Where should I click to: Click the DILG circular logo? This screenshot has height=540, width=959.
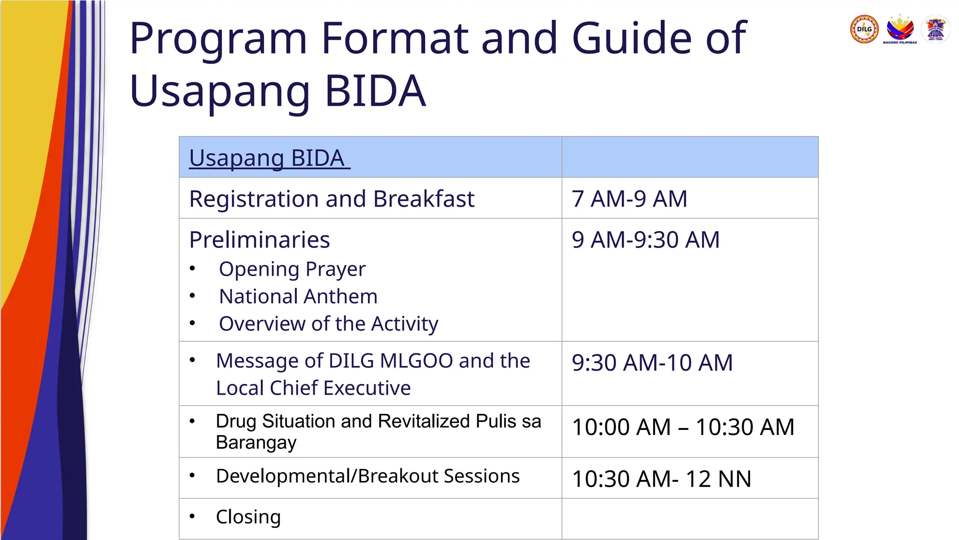(864, 29)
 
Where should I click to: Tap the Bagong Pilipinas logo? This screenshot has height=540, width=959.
(900, 29)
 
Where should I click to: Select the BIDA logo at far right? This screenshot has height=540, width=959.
(935, 29)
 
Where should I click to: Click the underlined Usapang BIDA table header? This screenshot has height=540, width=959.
(269, 158)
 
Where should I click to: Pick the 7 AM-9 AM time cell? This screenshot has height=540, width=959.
(629, 199)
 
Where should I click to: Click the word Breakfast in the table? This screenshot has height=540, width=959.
(424, 199)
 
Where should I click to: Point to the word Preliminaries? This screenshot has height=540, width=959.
(259, 240)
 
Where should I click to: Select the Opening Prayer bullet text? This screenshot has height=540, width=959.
(292, 269)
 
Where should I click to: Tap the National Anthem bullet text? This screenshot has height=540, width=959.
(298, 296)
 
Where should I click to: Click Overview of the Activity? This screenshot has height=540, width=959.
(328, 323)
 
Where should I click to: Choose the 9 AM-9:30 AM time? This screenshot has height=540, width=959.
(645, 240)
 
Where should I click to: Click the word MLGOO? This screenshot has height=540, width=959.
(416, 360)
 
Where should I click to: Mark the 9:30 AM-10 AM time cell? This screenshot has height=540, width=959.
(652, 362)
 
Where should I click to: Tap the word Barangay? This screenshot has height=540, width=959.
(256, 442)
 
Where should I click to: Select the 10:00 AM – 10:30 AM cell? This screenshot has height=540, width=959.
(683, 427)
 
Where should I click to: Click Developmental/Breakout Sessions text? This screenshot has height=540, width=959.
(368, 476)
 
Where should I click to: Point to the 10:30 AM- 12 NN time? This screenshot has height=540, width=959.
(661, 479)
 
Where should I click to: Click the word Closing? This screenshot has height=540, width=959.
(248, 517)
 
